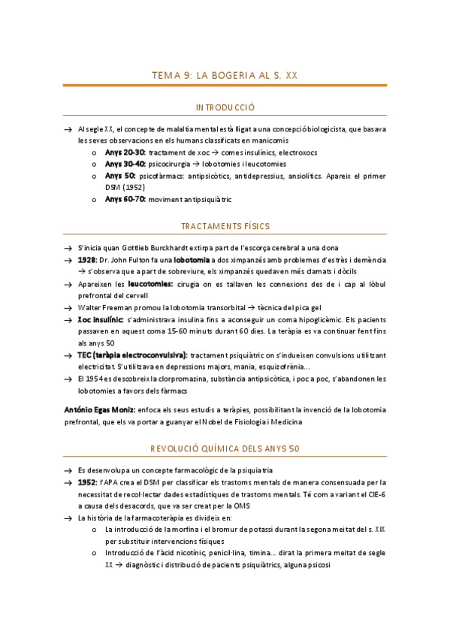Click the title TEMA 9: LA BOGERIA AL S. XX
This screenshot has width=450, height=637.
(x=225, y=75)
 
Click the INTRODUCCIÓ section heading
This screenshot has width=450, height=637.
(x=225, y=108)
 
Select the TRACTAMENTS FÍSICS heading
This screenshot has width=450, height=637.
(x=225, y=226)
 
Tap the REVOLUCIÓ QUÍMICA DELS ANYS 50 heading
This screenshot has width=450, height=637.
(x=225, y=448)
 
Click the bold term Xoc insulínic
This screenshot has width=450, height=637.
(x=101, y=319)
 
